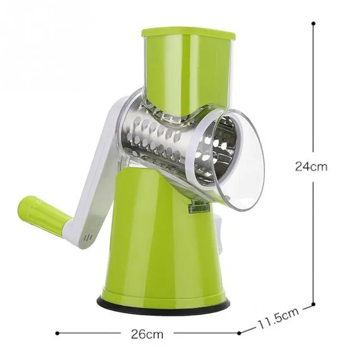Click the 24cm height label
pos(311,166)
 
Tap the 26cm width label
pos(147,334)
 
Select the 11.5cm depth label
pos(278,318)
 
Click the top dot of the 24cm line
pos(313,23)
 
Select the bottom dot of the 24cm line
pos(313,305)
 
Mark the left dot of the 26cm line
pos(58,333)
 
